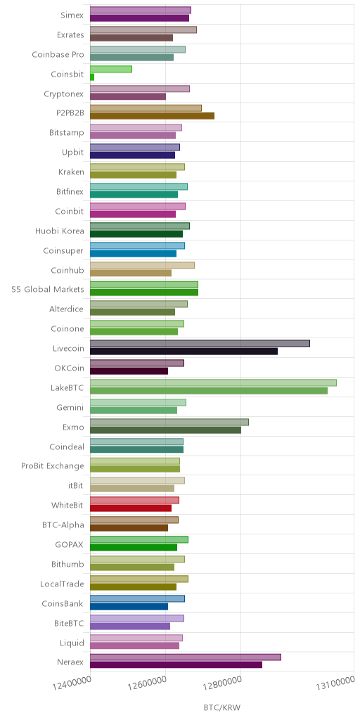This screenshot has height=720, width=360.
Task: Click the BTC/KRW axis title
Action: point(221,707)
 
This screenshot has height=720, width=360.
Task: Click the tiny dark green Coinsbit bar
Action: point(92,77)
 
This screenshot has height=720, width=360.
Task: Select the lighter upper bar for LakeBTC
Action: point(213,382)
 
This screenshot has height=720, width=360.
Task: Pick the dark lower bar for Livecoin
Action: point(184,352)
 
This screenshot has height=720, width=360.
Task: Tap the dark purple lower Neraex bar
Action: point(176,664)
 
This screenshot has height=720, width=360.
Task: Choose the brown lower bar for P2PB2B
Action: point(152,116)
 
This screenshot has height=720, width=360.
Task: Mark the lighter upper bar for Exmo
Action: point(169,422)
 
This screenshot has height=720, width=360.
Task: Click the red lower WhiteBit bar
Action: point(130,508)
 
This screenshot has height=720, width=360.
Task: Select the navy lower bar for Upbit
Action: point(132,155)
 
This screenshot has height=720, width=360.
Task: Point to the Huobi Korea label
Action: point(60,231)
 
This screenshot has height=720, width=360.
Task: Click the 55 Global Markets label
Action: point(48,289)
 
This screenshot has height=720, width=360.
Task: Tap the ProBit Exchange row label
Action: point(53,466)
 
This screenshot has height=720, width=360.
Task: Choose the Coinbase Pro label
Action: point(58,55)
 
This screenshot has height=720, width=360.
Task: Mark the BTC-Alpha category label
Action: point(63,525)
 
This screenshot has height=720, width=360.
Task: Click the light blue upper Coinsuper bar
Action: point(137,245)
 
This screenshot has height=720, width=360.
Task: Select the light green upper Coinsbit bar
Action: point(110,69)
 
